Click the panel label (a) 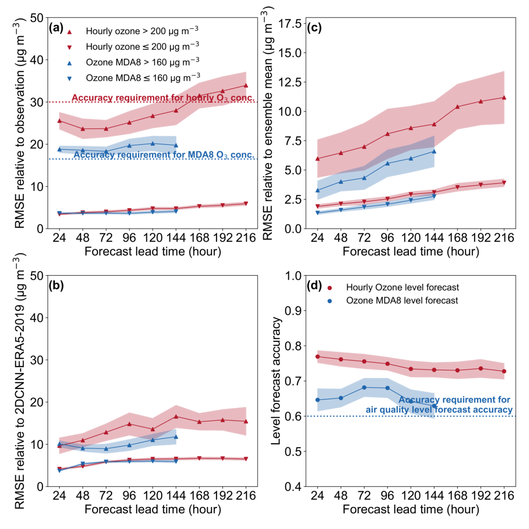coord(56,28)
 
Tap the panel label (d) coord(313,286)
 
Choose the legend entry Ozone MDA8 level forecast coord(402,301)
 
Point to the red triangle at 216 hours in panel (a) coord(244,85)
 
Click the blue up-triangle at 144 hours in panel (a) coord(176,145)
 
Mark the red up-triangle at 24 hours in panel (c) coord(317,158)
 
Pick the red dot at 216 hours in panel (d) coord(504,371)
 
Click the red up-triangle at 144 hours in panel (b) coord(176,416)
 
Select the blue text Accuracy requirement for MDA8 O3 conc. coord(164,156)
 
